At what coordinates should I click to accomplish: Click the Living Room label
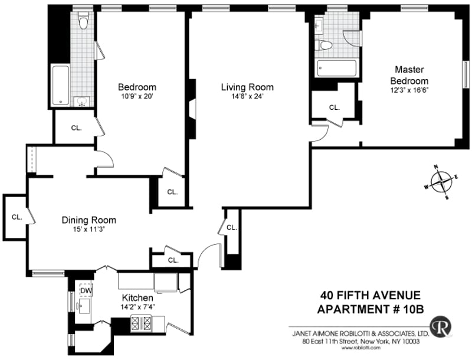tap(247, 87)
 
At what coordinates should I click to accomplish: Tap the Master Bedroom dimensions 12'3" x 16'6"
tap(409, 90)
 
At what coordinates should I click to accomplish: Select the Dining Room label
tap(89, 220)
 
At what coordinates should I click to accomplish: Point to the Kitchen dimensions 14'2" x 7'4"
tap(137, 307)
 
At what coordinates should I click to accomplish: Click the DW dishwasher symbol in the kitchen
tap(86, 290)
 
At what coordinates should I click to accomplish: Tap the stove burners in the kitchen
tap(141, 323)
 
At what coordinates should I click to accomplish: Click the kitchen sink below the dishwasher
tap(84, 306)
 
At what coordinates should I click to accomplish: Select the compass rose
tap(441, 182)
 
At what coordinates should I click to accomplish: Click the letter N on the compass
tap(435, 166)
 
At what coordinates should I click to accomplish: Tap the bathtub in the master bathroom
tap(336, 68)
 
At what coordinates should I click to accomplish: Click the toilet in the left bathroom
tap(83, 20)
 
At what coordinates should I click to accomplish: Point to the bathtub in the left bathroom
tap(61, 85)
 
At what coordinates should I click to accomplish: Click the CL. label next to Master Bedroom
tap(335, 107)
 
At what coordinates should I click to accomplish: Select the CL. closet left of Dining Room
tap(17, 217)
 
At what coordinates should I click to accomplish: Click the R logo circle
tap(441, 326)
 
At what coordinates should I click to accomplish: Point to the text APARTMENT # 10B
tap(371, 309)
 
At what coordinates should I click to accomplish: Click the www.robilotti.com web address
tap(360, 348)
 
